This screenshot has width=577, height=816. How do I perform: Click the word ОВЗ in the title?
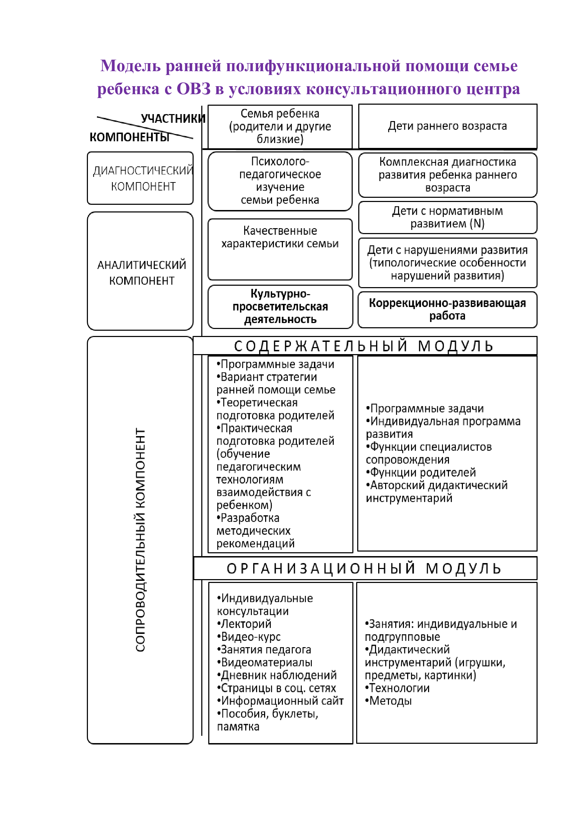coord(193,89)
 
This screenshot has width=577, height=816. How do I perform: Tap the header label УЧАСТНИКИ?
coord(173,118)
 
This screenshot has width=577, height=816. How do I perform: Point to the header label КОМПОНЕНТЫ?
coord(129,137)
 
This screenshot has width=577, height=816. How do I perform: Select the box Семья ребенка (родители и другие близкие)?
coord(280,126)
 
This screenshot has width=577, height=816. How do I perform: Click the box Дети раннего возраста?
coord(447,126)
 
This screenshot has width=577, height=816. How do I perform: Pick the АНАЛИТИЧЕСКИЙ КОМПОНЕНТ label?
coord(141,272)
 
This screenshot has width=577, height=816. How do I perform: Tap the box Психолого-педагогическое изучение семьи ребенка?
coord(280,181)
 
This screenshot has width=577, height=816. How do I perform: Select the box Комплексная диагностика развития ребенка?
coord(447,174)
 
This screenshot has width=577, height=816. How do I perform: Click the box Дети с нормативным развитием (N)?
coord(447,217)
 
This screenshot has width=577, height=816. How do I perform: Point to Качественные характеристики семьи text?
coord(280,237)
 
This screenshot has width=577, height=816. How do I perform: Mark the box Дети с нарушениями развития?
coord(447,263)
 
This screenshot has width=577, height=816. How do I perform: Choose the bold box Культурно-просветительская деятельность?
coord(280,306)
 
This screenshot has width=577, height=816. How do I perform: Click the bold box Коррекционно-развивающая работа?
coord(447,309)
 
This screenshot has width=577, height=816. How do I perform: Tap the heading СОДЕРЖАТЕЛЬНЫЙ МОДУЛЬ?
coord(364,346)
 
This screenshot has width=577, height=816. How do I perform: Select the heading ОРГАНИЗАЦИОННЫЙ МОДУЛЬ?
coord(364,569)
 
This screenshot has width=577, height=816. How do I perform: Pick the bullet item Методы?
coord(390,701)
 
